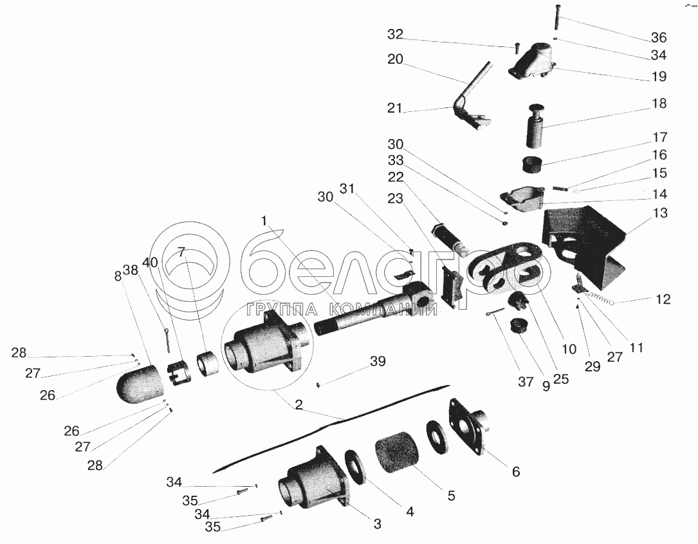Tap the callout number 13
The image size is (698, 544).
660,212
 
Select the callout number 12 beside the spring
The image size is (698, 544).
663,299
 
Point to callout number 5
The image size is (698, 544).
452,496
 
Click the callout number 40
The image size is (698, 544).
150,263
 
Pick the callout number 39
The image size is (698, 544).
378,361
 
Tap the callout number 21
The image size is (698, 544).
394,108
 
